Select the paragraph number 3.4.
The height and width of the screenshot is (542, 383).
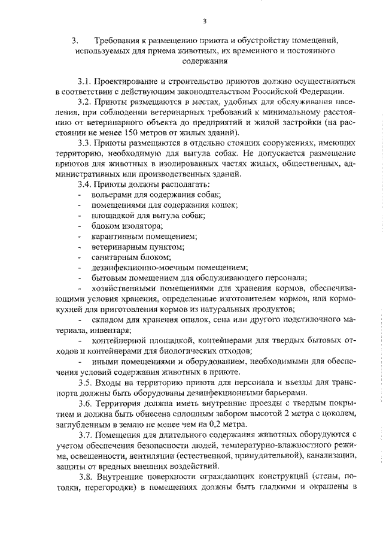86,184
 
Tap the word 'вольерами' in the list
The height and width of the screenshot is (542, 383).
111,195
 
